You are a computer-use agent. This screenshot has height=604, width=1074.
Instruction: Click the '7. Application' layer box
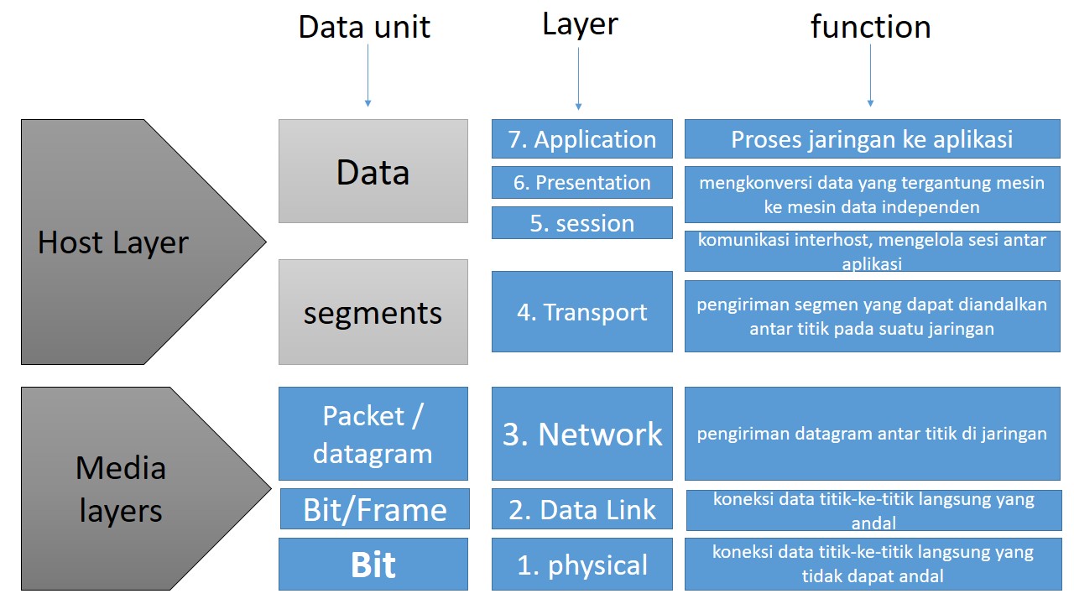point(581,139)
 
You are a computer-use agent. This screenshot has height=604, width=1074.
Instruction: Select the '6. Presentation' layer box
point(581,183)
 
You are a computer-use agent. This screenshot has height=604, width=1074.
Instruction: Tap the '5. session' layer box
point(581,223)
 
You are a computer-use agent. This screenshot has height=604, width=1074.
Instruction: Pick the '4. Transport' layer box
point(581,312)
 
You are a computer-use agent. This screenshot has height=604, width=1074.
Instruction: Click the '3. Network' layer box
point(581,434)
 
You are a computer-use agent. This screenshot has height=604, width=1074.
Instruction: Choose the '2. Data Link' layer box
point(581,509)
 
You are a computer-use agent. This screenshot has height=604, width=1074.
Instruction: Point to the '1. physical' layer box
point(581,565)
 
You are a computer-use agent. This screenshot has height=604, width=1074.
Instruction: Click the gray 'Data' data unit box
point(373,171)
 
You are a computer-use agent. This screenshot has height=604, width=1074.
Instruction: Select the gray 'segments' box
point(373,312)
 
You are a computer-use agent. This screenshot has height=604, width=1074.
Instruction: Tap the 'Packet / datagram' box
point(373,434)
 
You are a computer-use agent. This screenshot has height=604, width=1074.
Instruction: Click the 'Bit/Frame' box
point(373,509)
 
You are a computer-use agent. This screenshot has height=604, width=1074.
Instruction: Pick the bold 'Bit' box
point(373,565)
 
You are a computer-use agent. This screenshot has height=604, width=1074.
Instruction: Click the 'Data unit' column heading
point(364,27)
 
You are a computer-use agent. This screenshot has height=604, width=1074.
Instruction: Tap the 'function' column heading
point(870,27)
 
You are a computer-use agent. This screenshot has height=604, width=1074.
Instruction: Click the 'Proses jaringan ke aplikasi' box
point(872,139)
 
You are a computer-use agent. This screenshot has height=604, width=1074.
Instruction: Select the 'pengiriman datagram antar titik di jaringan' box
point(872,434)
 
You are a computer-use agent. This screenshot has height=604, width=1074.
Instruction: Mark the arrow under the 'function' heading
point(870,75)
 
